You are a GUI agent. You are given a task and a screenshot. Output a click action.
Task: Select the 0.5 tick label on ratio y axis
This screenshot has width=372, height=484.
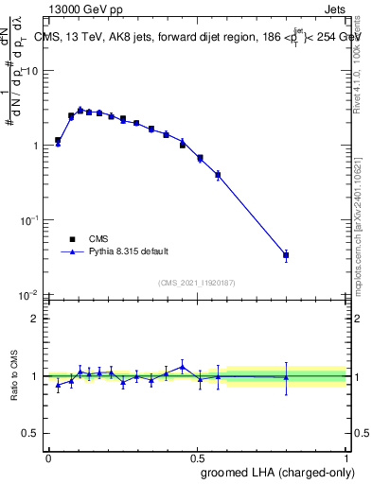(31, 434)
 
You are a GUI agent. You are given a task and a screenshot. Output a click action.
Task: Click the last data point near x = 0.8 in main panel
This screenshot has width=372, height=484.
(286, 255)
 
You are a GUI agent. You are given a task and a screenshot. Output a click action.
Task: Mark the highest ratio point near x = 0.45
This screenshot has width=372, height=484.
(182, 367)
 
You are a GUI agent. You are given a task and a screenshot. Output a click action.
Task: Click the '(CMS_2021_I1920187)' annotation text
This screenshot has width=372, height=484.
(196, 283)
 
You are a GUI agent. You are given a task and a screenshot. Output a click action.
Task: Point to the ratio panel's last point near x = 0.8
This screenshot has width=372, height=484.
(286, 377)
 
